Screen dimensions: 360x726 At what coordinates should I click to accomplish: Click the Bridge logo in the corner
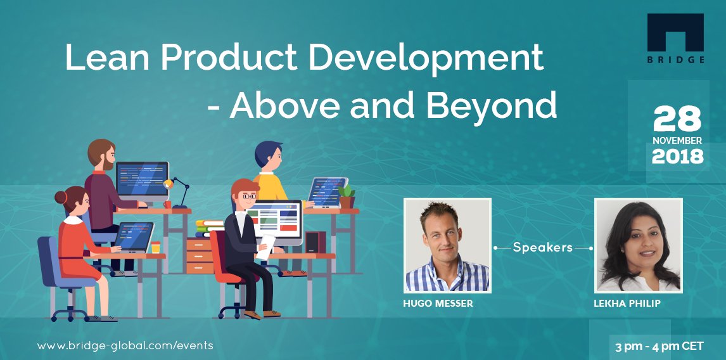tap(675, 39)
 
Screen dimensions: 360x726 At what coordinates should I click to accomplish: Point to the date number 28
tap(677, 119)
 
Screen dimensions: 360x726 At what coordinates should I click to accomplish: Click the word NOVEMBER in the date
tap(677, 140)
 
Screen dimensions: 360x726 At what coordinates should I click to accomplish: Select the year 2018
tap(677, 156)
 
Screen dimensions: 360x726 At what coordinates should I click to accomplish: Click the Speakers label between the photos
tap(542, 247)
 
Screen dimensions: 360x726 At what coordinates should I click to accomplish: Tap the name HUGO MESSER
tap(438, 304)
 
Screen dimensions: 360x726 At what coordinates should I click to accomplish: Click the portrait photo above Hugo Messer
tap(447, 245)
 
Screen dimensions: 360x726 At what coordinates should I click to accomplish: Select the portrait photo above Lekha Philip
tap(638, 245)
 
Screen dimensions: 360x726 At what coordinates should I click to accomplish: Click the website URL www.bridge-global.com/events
tap(125, 345)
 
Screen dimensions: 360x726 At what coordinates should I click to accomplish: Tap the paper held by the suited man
tap(267, 244)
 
